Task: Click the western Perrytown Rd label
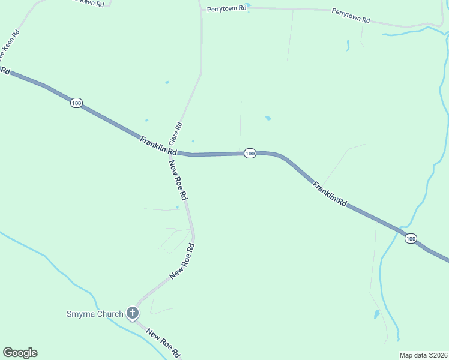tap(226, 9)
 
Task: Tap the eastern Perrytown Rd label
tap(351, 15)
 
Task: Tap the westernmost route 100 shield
tap(76, 103)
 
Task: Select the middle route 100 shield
tap(250, 154)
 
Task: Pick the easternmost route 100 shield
tap(410, 239)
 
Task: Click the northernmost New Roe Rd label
tap(178, 180)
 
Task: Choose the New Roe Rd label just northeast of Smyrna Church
tap(182, 261)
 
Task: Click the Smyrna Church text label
tap(94, 313)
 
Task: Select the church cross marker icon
tap(133, 313)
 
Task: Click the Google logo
tap(20, 353)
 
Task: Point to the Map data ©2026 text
tap(423, 355)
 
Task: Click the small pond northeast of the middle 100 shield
tap(268, 118)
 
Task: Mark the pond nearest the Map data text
tap(376, 314)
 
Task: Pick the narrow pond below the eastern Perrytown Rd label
tap(348, 44)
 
